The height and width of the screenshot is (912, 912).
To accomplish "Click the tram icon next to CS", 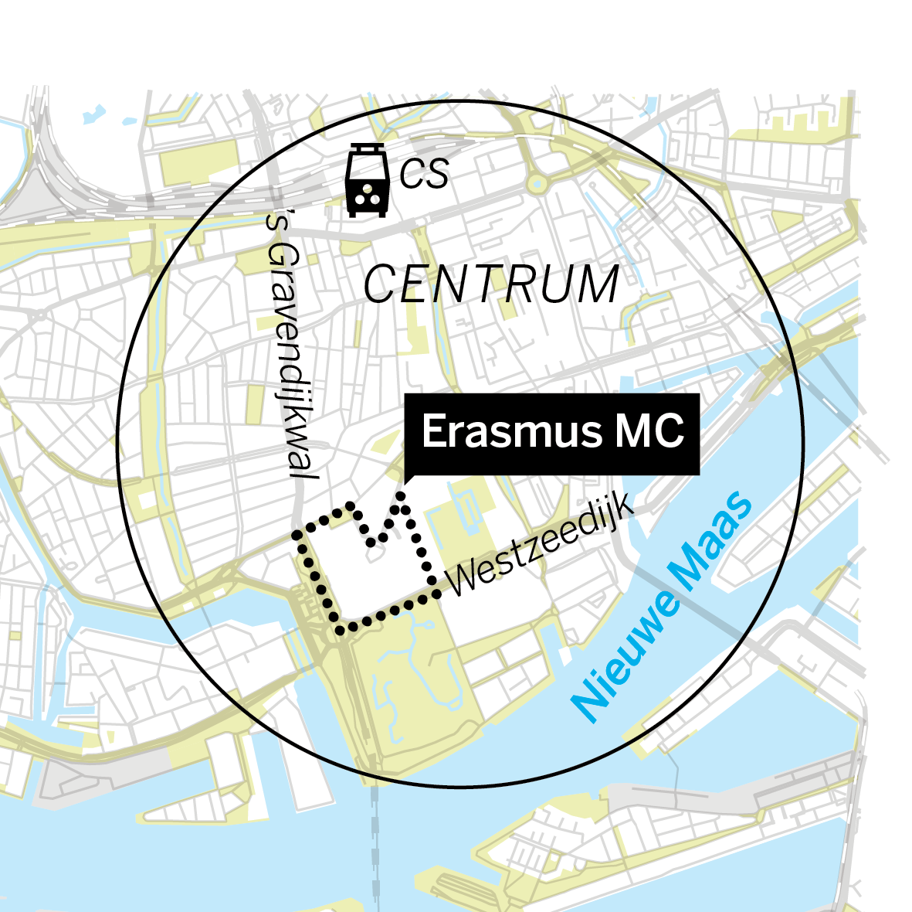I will point(366,181).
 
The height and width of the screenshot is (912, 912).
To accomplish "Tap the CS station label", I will point(424,175).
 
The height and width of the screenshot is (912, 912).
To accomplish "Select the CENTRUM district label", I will point(491,284).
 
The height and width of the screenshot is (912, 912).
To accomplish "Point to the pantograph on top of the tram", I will point(366,148).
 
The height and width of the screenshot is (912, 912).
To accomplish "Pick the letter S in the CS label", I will point(436,175).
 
